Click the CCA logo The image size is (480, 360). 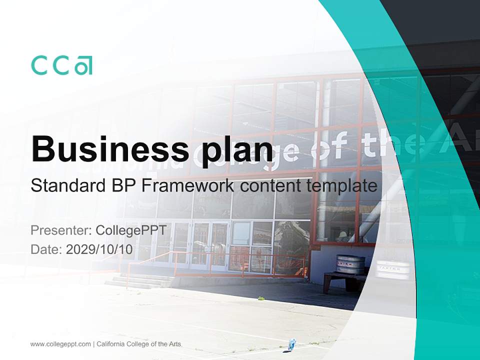point(61,65)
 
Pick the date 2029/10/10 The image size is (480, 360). point(99,249)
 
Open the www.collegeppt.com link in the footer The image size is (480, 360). point(60,344)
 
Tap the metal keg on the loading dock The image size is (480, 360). point(350,263)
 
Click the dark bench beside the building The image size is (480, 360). point(340,280)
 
